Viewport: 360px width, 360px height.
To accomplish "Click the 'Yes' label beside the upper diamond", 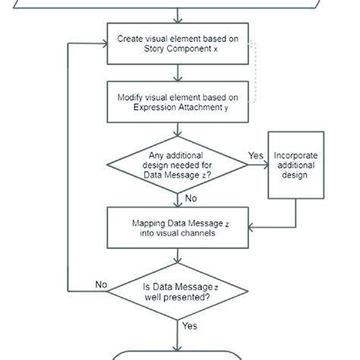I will coord(255,156).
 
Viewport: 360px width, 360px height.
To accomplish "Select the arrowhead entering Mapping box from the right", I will coord(251,226).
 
